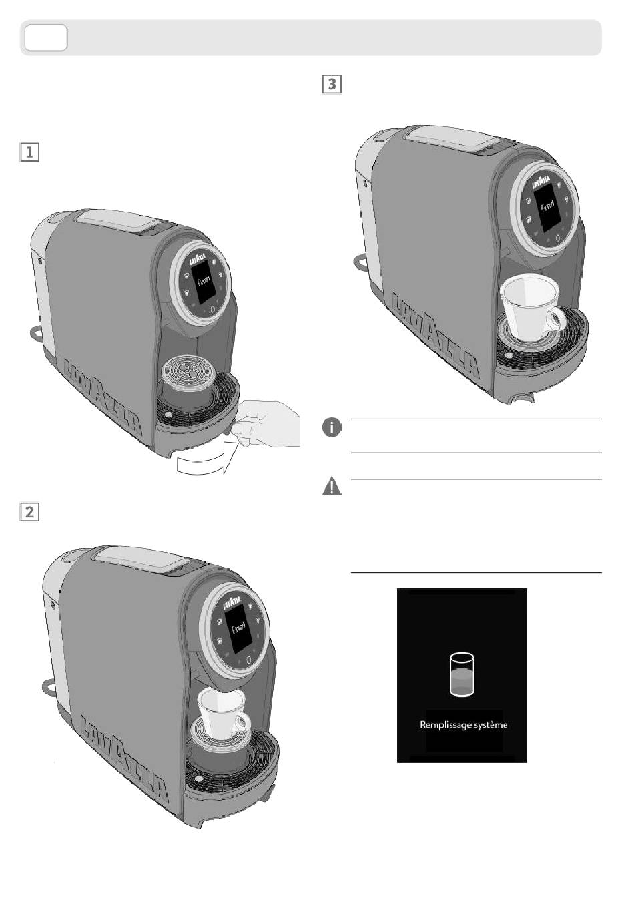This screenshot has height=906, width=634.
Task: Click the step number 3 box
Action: click(x=332, y=85)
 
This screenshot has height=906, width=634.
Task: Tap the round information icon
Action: click(x=332, y=427)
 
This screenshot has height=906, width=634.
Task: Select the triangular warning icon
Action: click(x=332, y=487)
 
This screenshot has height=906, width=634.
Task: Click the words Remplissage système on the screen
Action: click(x=463, y=724)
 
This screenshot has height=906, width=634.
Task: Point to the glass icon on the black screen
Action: click(x=461, y=675)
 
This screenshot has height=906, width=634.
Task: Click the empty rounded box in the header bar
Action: click(x=46, y=38)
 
